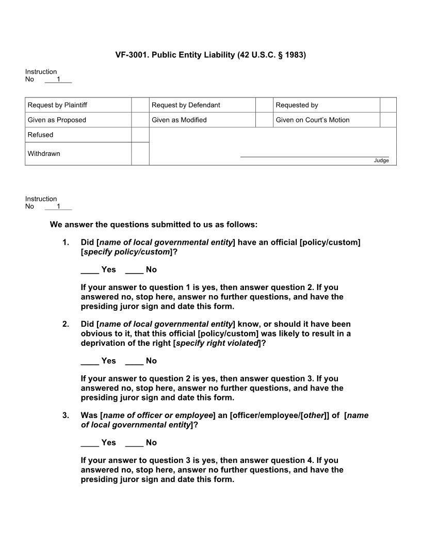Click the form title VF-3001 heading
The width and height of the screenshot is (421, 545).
211,54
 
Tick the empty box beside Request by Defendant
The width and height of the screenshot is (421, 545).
264,105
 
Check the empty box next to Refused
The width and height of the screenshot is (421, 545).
140,135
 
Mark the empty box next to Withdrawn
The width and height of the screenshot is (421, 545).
140,154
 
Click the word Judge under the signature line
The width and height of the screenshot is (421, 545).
381,161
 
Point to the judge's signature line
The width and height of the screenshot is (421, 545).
314,156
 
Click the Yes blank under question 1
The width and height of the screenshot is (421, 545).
90,270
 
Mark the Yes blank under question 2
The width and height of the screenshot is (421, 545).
90,361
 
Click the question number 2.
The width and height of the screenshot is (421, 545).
66,325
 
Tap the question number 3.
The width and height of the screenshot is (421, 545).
66,415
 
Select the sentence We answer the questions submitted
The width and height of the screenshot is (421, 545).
153,225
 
